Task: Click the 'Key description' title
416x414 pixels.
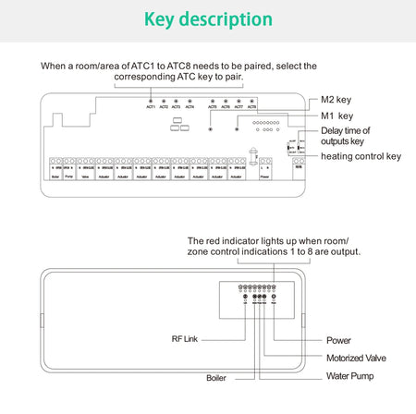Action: tap(208, 19)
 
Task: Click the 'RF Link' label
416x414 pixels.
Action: tap(184, 339)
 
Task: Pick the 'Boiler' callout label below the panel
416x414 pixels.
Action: tap(215, 378)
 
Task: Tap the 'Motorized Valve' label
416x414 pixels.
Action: tap(357, 358)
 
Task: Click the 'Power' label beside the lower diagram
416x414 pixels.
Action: tap(339, 339)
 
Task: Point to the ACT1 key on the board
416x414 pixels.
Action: tap(150, 102)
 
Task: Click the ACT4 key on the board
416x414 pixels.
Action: tap(190, 102)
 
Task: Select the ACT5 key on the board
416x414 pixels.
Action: tap(213, 102)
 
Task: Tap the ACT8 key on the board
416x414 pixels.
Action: tap(251, 102)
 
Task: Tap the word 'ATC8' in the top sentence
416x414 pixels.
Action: tap(186, 66)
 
